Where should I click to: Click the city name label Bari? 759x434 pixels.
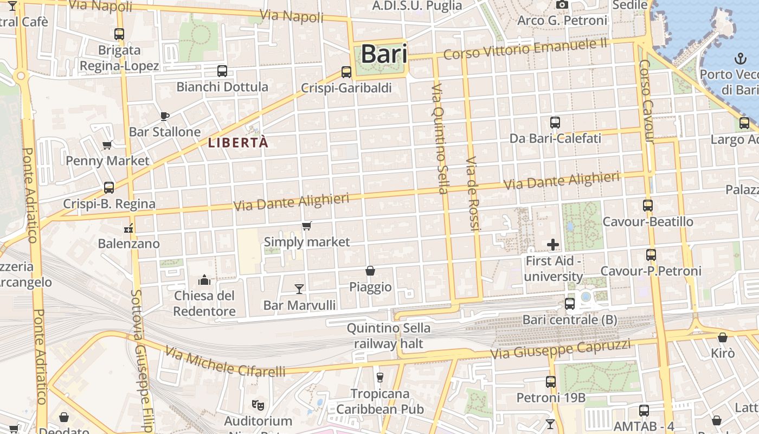click(383, 54)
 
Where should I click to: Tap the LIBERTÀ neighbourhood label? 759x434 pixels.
click(238, 143)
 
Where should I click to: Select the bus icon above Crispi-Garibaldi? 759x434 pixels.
click(346, 72)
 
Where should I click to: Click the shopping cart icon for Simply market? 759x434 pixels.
click(307, 226)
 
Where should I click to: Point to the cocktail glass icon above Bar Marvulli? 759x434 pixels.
click(299, 289)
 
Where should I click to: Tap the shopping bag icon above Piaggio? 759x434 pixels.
click(370, 270)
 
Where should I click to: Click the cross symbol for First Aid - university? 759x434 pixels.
click(553, 245)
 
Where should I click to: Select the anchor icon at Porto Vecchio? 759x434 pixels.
click(739, 58)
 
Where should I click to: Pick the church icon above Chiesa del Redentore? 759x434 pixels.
click(204, 279)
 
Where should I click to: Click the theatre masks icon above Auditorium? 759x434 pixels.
click(258, 405)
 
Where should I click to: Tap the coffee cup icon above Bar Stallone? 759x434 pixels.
click(165, 116)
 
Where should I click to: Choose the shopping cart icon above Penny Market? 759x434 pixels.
click(107, 145)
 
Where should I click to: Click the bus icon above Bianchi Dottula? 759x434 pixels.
click(222, 71)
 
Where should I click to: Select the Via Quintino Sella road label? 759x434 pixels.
click(439, 139)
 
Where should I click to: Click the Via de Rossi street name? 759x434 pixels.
click(473, 194)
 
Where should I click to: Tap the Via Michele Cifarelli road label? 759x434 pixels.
click(226, 362)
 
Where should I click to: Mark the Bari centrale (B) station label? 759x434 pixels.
click(569, 320)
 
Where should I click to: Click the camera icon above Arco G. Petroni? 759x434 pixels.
click(562, 5)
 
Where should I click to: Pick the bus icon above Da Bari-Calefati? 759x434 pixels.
click(555, 123)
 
